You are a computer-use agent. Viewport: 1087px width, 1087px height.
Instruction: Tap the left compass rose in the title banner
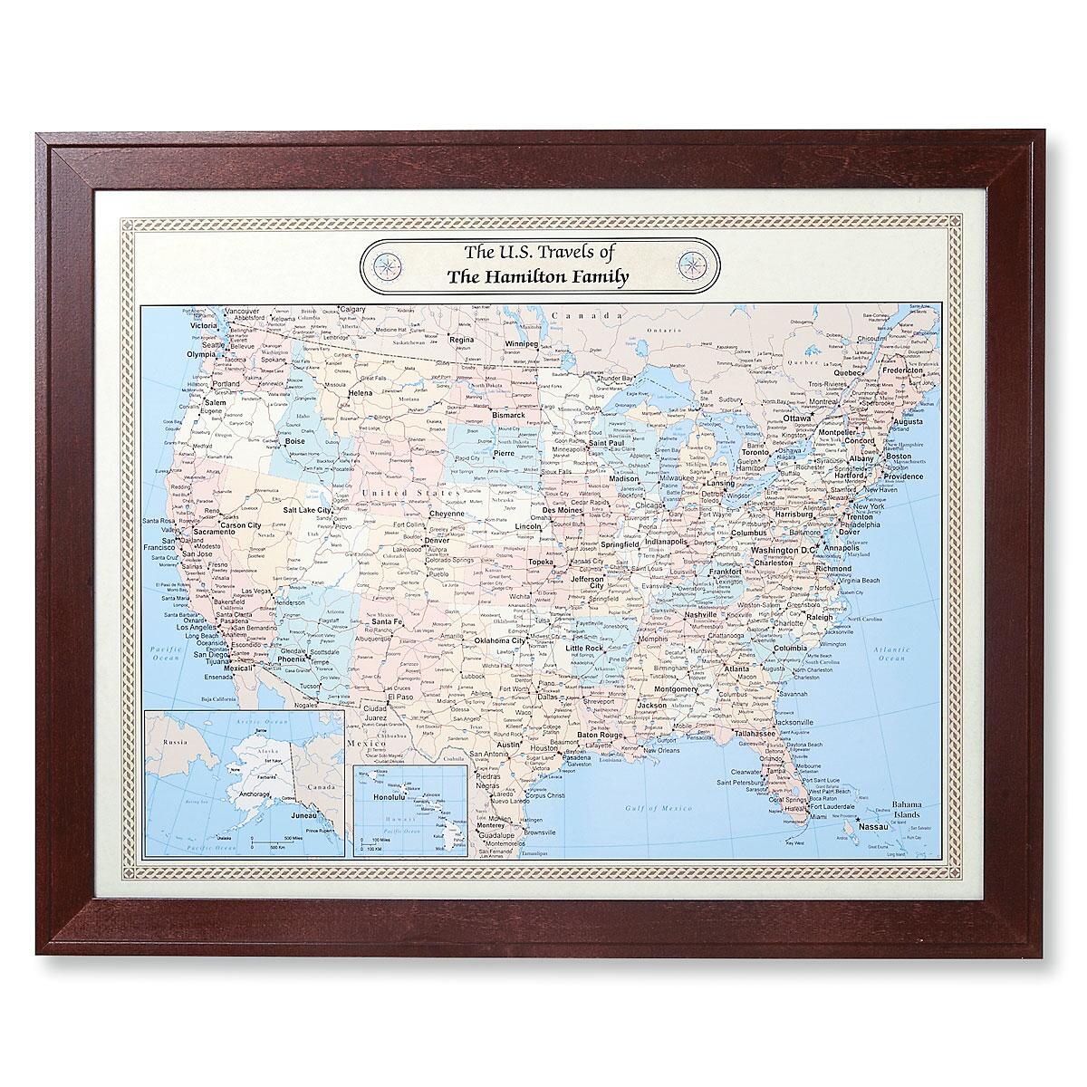pos(390,265)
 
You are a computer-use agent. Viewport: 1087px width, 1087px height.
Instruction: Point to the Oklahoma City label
pos(499,640)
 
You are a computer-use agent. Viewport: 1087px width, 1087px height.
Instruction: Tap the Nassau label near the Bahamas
pos(873,826)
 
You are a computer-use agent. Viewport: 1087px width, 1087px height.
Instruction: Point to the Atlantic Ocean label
pos(886,654)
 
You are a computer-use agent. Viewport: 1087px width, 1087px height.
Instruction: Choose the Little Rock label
pos(584,649)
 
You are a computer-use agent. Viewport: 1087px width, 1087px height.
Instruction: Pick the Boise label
pos(295,441)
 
